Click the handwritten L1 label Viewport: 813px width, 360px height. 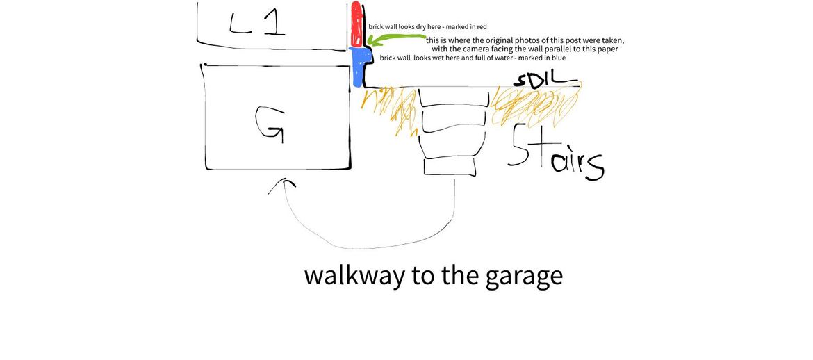(x=257, y=24)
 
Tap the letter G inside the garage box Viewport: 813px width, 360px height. (x=269, y=124)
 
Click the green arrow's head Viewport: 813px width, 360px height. (x=371, y=40)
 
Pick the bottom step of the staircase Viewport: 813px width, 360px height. (x=450, y=167)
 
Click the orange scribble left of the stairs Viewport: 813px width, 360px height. (x=391, y=109)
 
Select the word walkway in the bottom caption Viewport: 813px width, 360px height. (x=354, y=275)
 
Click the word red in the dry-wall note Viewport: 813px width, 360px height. (x=482, y=26)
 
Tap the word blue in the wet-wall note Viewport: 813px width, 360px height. (x=559, y=58)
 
